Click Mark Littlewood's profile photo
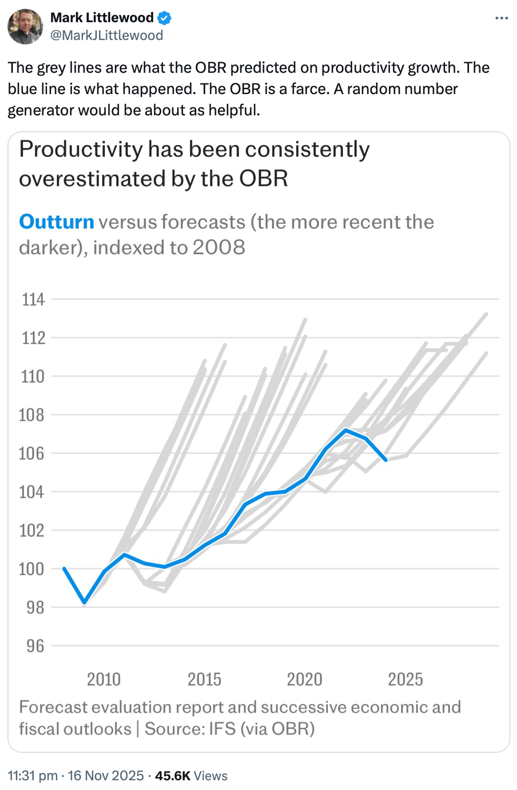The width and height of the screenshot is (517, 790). pyautogui.click(x=25, y=26)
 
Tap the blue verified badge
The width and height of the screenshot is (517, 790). pyautogui.click(x=164, y=18)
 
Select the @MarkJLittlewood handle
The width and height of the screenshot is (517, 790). pyautogui.click(x=107, y=35)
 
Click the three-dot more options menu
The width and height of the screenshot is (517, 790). pyautogui.click(x=501, y=18)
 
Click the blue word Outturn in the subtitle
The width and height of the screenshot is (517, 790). pyautogui.click(x=56, y=222)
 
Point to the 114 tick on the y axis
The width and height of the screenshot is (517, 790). pyautogui.click(x=33, y=299)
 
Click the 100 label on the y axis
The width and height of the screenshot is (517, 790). pyautogui.click(x=31, y=569)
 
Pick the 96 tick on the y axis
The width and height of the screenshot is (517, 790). pyautogui.click(x=35, y=646)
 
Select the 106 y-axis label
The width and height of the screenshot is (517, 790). pyautogui.click(x=31, y=454)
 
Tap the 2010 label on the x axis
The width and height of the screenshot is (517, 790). pyautogui.click(x=104, y=679)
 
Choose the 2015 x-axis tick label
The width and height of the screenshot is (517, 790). pyautogui.click(x=204, y=679)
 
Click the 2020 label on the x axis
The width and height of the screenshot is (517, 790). pyautogui.click(x=305, y=679)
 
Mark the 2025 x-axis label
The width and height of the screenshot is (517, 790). pyautogui.click(x=405, y=679)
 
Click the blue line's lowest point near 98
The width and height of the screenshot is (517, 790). pyautogui.click(x=84, y=602)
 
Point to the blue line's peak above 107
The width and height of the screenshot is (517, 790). pyautogui.click(x=346, y=430)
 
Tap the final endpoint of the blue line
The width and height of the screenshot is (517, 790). pyautogui.click(x=386, y=460)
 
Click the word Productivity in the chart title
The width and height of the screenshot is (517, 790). pyautogui.click(x=81, y=150)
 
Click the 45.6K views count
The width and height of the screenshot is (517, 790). pyautogui.click(x=173, y=776)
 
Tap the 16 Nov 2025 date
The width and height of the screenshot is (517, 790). pyautogui.click(x=106, y=776)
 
